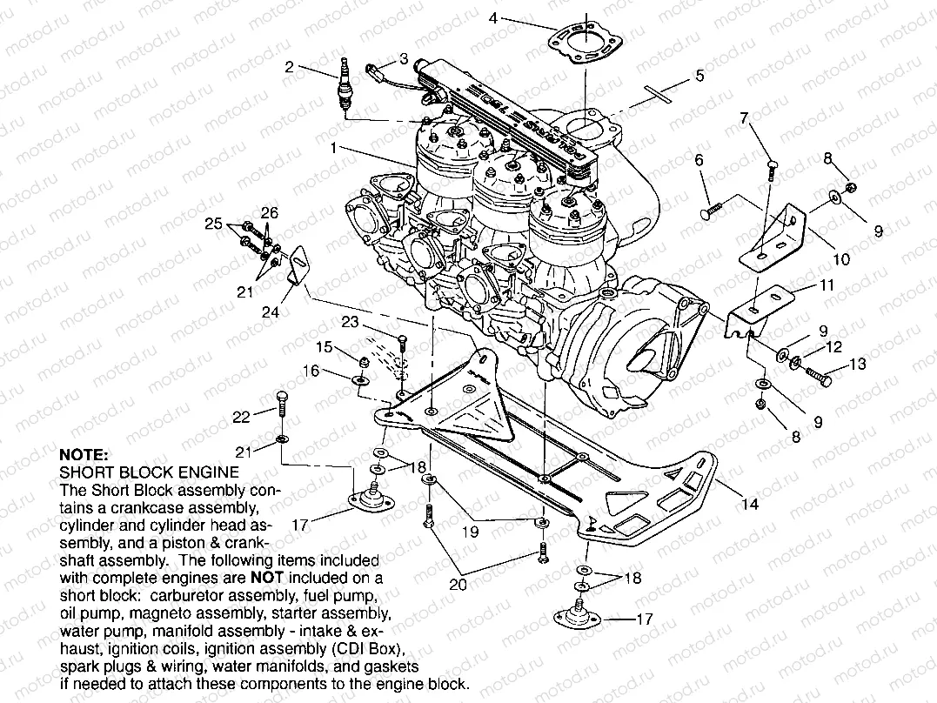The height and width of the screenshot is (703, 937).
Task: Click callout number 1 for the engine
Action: coord(332,149)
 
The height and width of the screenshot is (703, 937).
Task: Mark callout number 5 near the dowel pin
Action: coord(699,76)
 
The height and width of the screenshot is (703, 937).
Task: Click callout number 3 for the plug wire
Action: coord(403,58)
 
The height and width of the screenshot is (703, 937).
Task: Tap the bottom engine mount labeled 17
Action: coord(578,615)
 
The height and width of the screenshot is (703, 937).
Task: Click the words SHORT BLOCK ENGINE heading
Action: coord(149,472)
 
